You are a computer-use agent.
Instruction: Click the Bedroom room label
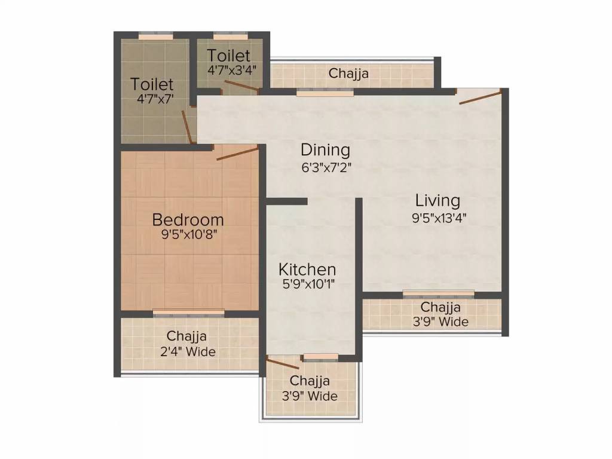click(x=188, y=219)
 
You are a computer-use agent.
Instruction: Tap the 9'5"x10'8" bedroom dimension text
click(x=188, y=234)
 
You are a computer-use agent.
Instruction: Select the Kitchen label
click(x=307, y=269)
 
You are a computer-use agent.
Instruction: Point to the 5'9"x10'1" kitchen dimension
click(x=307, y=284)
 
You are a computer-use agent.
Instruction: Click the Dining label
click(x=325, y=149)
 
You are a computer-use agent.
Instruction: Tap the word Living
click(x=438, y=200)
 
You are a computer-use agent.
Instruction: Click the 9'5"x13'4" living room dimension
click(x=438, y=218)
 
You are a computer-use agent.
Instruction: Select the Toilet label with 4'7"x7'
click(x=152, y=84)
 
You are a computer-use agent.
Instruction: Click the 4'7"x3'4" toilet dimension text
click(x=231, y=69)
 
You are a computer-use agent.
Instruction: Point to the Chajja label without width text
click(x=348, y=74)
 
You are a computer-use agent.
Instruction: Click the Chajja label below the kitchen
click(x=310, y=381)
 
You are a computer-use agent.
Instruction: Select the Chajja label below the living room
click(x=440, y=307)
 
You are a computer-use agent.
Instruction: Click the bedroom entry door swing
click(x=238, y=153)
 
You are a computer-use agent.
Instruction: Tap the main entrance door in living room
click(x=480, y=97)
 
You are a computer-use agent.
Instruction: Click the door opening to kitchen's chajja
click(x=283, y=362)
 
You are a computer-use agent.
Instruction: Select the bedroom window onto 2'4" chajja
click(x=189, y=313)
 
